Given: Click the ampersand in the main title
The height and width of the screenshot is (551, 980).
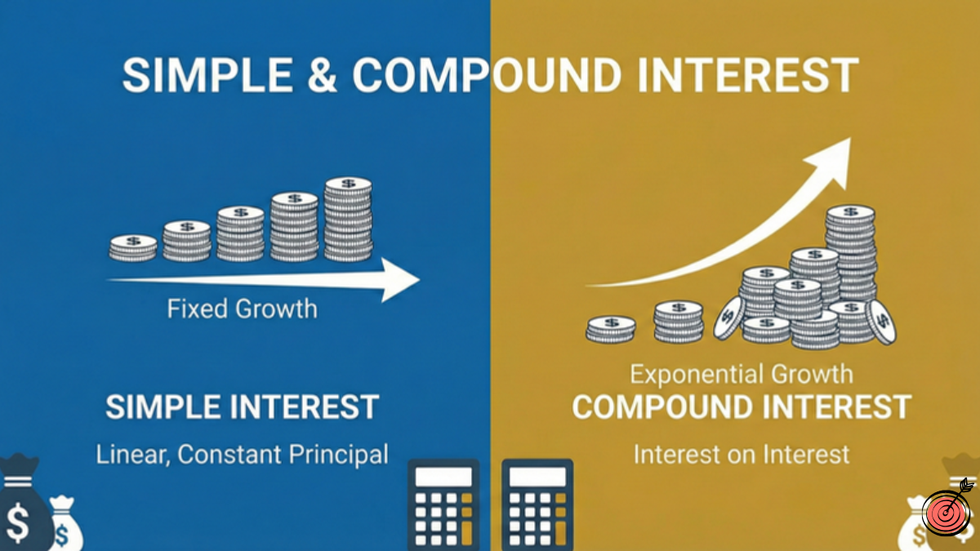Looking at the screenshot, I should (323, 74).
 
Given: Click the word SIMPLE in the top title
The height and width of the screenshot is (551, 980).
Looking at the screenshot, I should (207, 74).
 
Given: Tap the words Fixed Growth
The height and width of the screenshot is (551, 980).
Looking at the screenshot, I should (242, 309).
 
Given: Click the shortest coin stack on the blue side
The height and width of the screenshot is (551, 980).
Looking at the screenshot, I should (133, 248).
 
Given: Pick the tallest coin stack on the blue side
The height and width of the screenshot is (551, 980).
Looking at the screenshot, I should (348, 219).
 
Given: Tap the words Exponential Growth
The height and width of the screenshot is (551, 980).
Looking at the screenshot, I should (742, 375).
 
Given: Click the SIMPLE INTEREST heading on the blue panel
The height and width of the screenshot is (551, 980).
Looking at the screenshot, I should (242, 407).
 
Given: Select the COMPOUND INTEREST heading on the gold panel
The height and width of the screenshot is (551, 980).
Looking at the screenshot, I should (742, 407).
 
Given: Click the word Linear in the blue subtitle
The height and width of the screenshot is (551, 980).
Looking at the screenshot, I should (131, 455).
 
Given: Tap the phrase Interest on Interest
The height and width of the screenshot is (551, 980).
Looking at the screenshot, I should (742, 455).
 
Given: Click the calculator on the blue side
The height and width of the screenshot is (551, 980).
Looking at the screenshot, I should (443, 505).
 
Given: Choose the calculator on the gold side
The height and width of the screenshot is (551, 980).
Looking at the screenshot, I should (537, 505).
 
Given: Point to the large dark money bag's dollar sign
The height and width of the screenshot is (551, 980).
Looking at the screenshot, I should (18, 522).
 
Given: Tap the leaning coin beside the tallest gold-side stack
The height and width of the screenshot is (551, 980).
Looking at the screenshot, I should (880, 321).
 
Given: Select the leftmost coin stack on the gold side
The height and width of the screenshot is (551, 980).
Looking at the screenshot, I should (611, 329).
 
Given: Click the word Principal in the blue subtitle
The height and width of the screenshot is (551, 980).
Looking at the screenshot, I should (334, 455).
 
